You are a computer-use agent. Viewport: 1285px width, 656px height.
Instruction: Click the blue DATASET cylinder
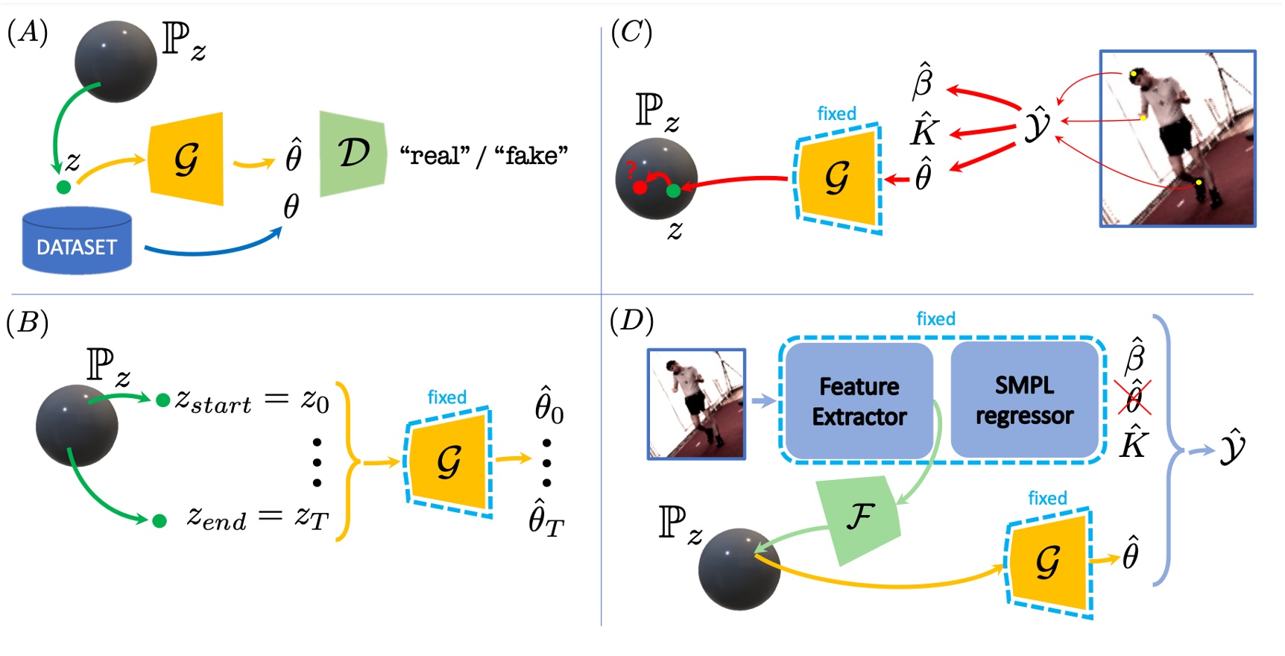[77, 240]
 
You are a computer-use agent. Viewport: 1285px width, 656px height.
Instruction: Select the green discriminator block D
[353, 154]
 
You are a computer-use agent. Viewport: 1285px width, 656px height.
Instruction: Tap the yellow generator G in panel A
[186, 159]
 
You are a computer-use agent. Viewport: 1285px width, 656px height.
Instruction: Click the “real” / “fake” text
[483, 155]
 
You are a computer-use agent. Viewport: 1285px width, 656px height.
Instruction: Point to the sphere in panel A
[116, 62]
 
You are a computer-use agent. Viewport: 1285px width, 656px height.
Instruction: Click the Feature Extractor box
[859, 401]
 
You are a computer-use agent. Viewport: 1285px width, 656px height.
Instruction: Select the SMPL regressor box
[1024, 400]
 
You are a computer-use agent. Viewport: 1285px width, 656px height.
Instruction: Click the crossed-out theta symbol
[1133, 397]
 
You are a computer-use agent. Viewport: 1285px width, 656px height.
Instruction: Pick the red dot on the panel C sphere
[639, 188]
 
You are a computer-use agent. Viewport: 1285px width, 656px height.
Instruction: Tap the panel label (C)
[631, 32]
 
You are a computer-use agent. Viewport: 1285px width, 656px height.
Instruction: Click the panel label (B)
[27, 322]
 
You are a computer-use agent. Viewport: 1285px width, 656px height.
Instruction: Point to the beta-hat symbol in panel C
[923, 81]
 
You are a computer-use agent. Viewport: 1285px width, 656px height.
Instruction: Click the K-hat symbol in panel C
[924, 131]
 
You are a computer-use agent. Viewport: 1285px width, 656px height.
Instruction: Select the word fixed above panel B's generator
[446, 397]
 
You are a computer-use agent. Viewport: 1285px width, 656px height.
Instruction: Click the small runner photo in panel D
[696, 403]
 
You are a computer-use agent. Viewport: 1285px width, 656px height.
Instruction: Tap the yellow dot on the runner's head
[1134, 74]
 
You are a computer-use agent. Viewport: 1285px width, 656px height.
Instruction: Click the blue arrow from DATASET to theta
[212, 247]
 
